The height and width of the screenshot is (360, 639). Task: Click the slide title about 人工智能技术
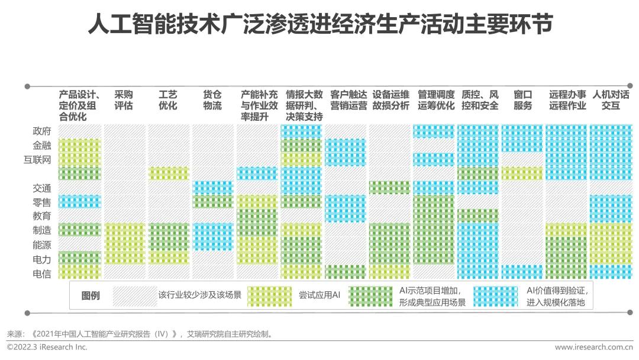click(x=319, y=24)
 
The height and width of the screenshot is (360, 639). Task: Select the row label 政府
click(x=42, y=131)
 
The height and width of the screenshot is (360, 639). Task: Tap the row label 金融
click(x=42, y=145)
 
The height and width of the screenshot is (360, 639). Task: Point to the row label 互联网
click(x=37, y=159)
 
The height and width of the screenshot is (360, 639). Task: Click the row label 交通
click(x=42, y=188)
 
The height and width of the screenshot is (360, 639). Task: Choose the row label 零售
click(x=42, y=202)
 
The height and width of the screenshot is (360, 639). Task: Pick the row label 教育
click(x=42, y=217)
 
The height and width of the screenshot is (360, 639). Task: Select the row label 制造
click(x=42, y=230)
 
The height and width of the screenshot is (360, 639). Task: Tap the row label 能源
click(x=42, y=245)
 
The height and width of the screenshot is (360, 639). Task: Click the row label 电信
click(x=42, y=274)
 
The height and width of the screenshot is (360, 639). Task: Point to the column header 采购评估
click(x=124, y=100)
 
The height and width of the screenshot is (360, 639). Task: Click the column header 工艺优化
click(x=168, y=100)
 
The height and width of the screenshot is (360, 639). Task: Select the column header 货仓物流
click(x=212, y=100)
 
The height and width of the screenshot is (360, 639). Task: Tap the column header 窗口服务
click(x=523, y=100)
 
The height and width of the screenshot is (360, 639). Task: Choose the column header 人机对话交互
click(x=611, y=100)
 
